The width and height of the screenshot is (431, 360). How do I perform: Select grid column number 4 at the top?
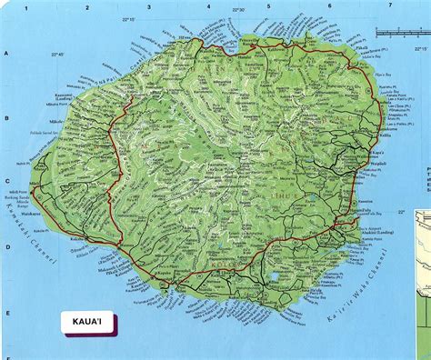(x=209, y=5)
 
